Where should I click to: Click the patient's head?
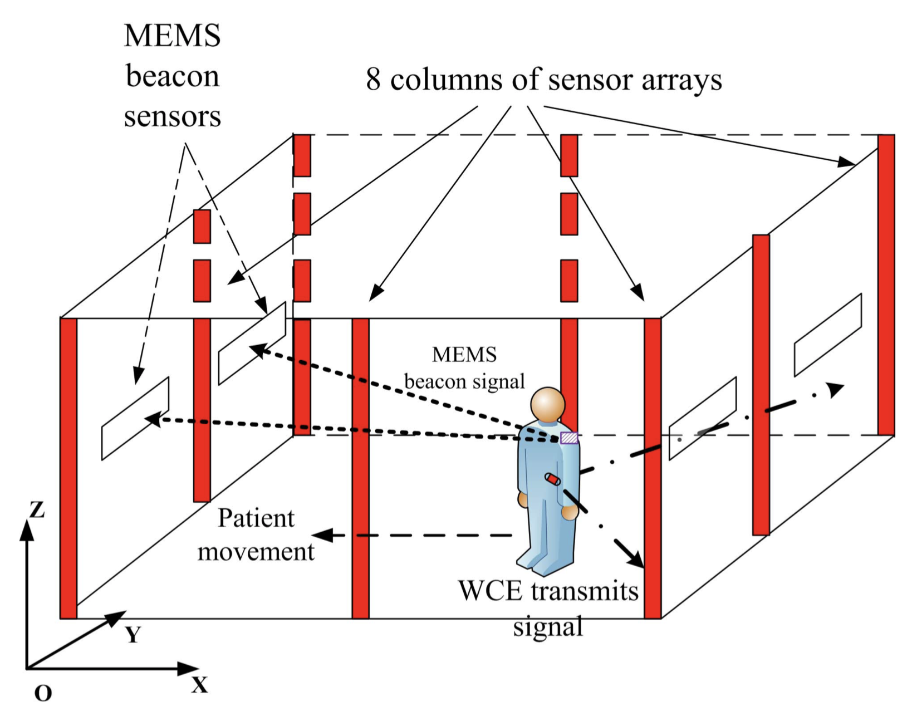[548, 404]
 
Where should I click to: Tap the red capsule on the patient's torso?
[553, 479]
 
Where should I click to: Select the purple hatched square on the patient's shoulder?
[569, 438]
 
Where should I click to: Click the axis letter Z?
[37, 509]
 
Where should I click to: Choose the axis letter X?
[199, 685]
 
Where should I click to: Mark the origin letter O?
[43, 694]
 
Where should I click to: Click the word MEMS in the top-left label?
[172, 36]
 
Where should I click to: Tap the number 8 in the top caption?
[373, 79]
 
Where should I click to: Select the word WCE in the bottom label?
[491, 591]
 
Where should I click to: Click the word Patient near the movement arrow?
[256, 518]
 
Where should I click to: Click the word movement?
[256, 552]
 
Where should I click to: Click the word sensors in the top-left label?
[172, 117]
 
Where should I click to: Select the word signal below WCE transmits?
[548, 627]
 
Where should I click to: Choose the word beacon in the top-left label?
[173, 76]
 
